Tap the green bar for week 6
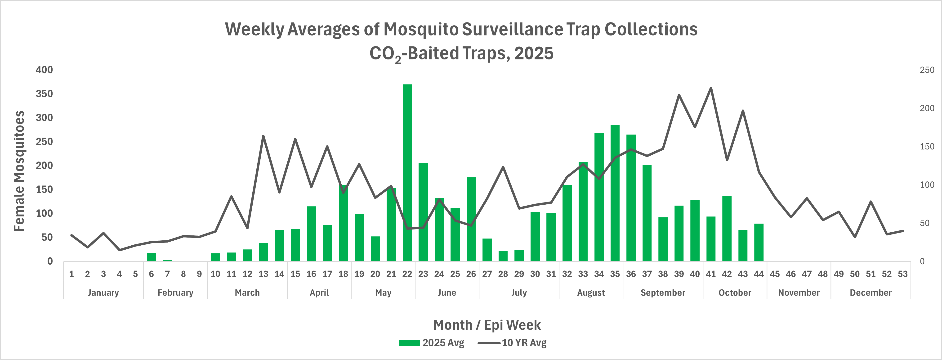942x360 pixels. pyautogui.click(x=151, y=257)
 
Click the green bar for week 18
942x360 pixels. pyautogui.click(x=343, y=223)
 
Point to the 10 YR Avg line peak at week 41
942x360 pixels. pyautogui.click(x=711, y=88)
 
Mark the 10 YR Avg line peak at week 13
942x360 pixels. pyautogui.click(x=263, y=136)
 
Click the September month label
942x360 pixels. pyautogui.click(x=663, y=293)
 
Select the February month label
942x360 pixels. pyautogui.click(x=175, y=293)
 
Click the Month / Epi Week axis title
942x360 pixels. pyautogui.click(x=487, y=325)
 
